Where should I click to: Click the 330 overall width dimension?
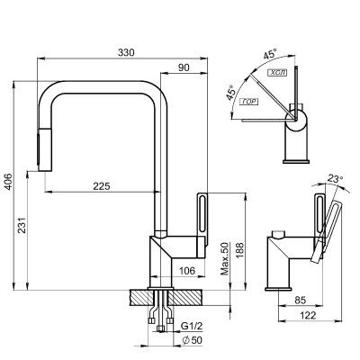coord(127,53)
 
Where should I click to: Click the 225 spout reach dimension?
coord(102,185)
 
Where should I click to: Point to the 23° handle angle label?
coord(334,179)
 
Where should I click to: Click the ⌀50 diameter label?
coord(192,341)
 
